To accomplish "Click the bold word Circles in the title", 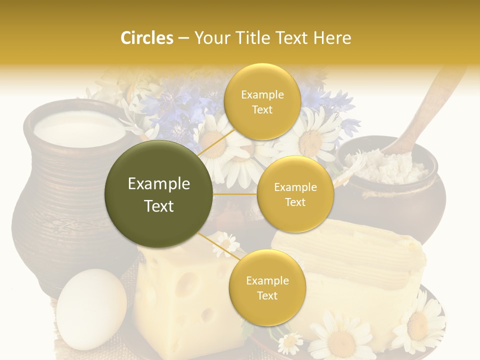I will click(146, 38).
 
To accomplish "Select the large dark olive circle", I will click(159, 194).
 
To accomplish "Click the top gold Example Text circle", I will click(261, 102).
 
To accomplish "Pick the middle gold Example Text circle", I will click(295, 194).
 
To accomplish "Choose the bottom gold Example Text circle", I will click(267, 287).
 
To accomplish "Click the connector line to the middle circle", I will click(235, 194).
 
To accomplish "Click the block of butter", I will click(350, 250).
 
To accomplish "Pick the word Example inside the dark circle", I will click(159, 184).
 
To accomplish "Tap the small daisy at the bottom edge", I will click(290, 344).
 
